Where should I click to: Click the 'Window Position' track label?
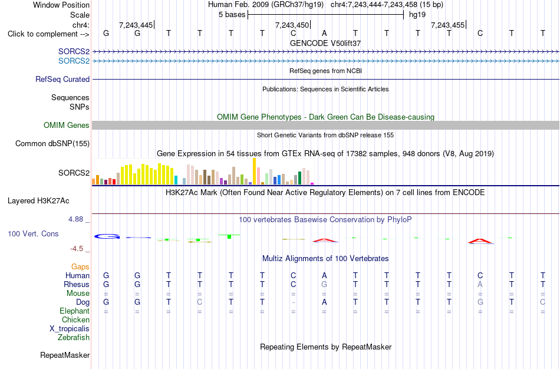(61, 5)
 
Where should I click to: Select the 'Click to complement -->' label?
(48, 34)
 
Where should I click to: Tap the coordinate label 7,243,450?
(292, 25)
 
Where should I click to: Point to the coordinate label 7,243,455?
(447, 25)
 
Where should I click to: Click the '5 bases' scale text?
(232, 15)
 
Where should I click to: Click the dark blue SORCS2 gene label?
(74, 51)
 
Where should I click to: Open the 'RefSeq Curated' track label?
(62, 80)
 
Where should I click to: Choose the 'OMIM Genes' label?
(67, 125)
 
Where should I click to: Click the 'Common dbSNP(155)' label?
(52, 144)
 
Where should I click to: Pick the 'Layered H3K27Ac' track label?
(38, 201)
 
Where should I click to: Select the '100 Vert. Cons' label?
(33, 233)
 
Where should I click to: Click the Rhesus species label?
(77, 284)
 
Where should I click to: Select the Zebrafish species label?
(74, 337)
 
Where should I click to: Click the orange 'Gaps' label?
(80, 267)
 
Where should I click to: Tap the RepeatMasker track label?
(65, 355)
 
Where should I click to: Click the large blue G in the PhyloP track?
(107, 236)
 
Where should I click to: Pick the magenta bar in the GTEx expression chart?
(312, 183)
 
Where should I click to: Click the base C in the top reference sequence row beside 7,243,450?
(293, 33)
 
